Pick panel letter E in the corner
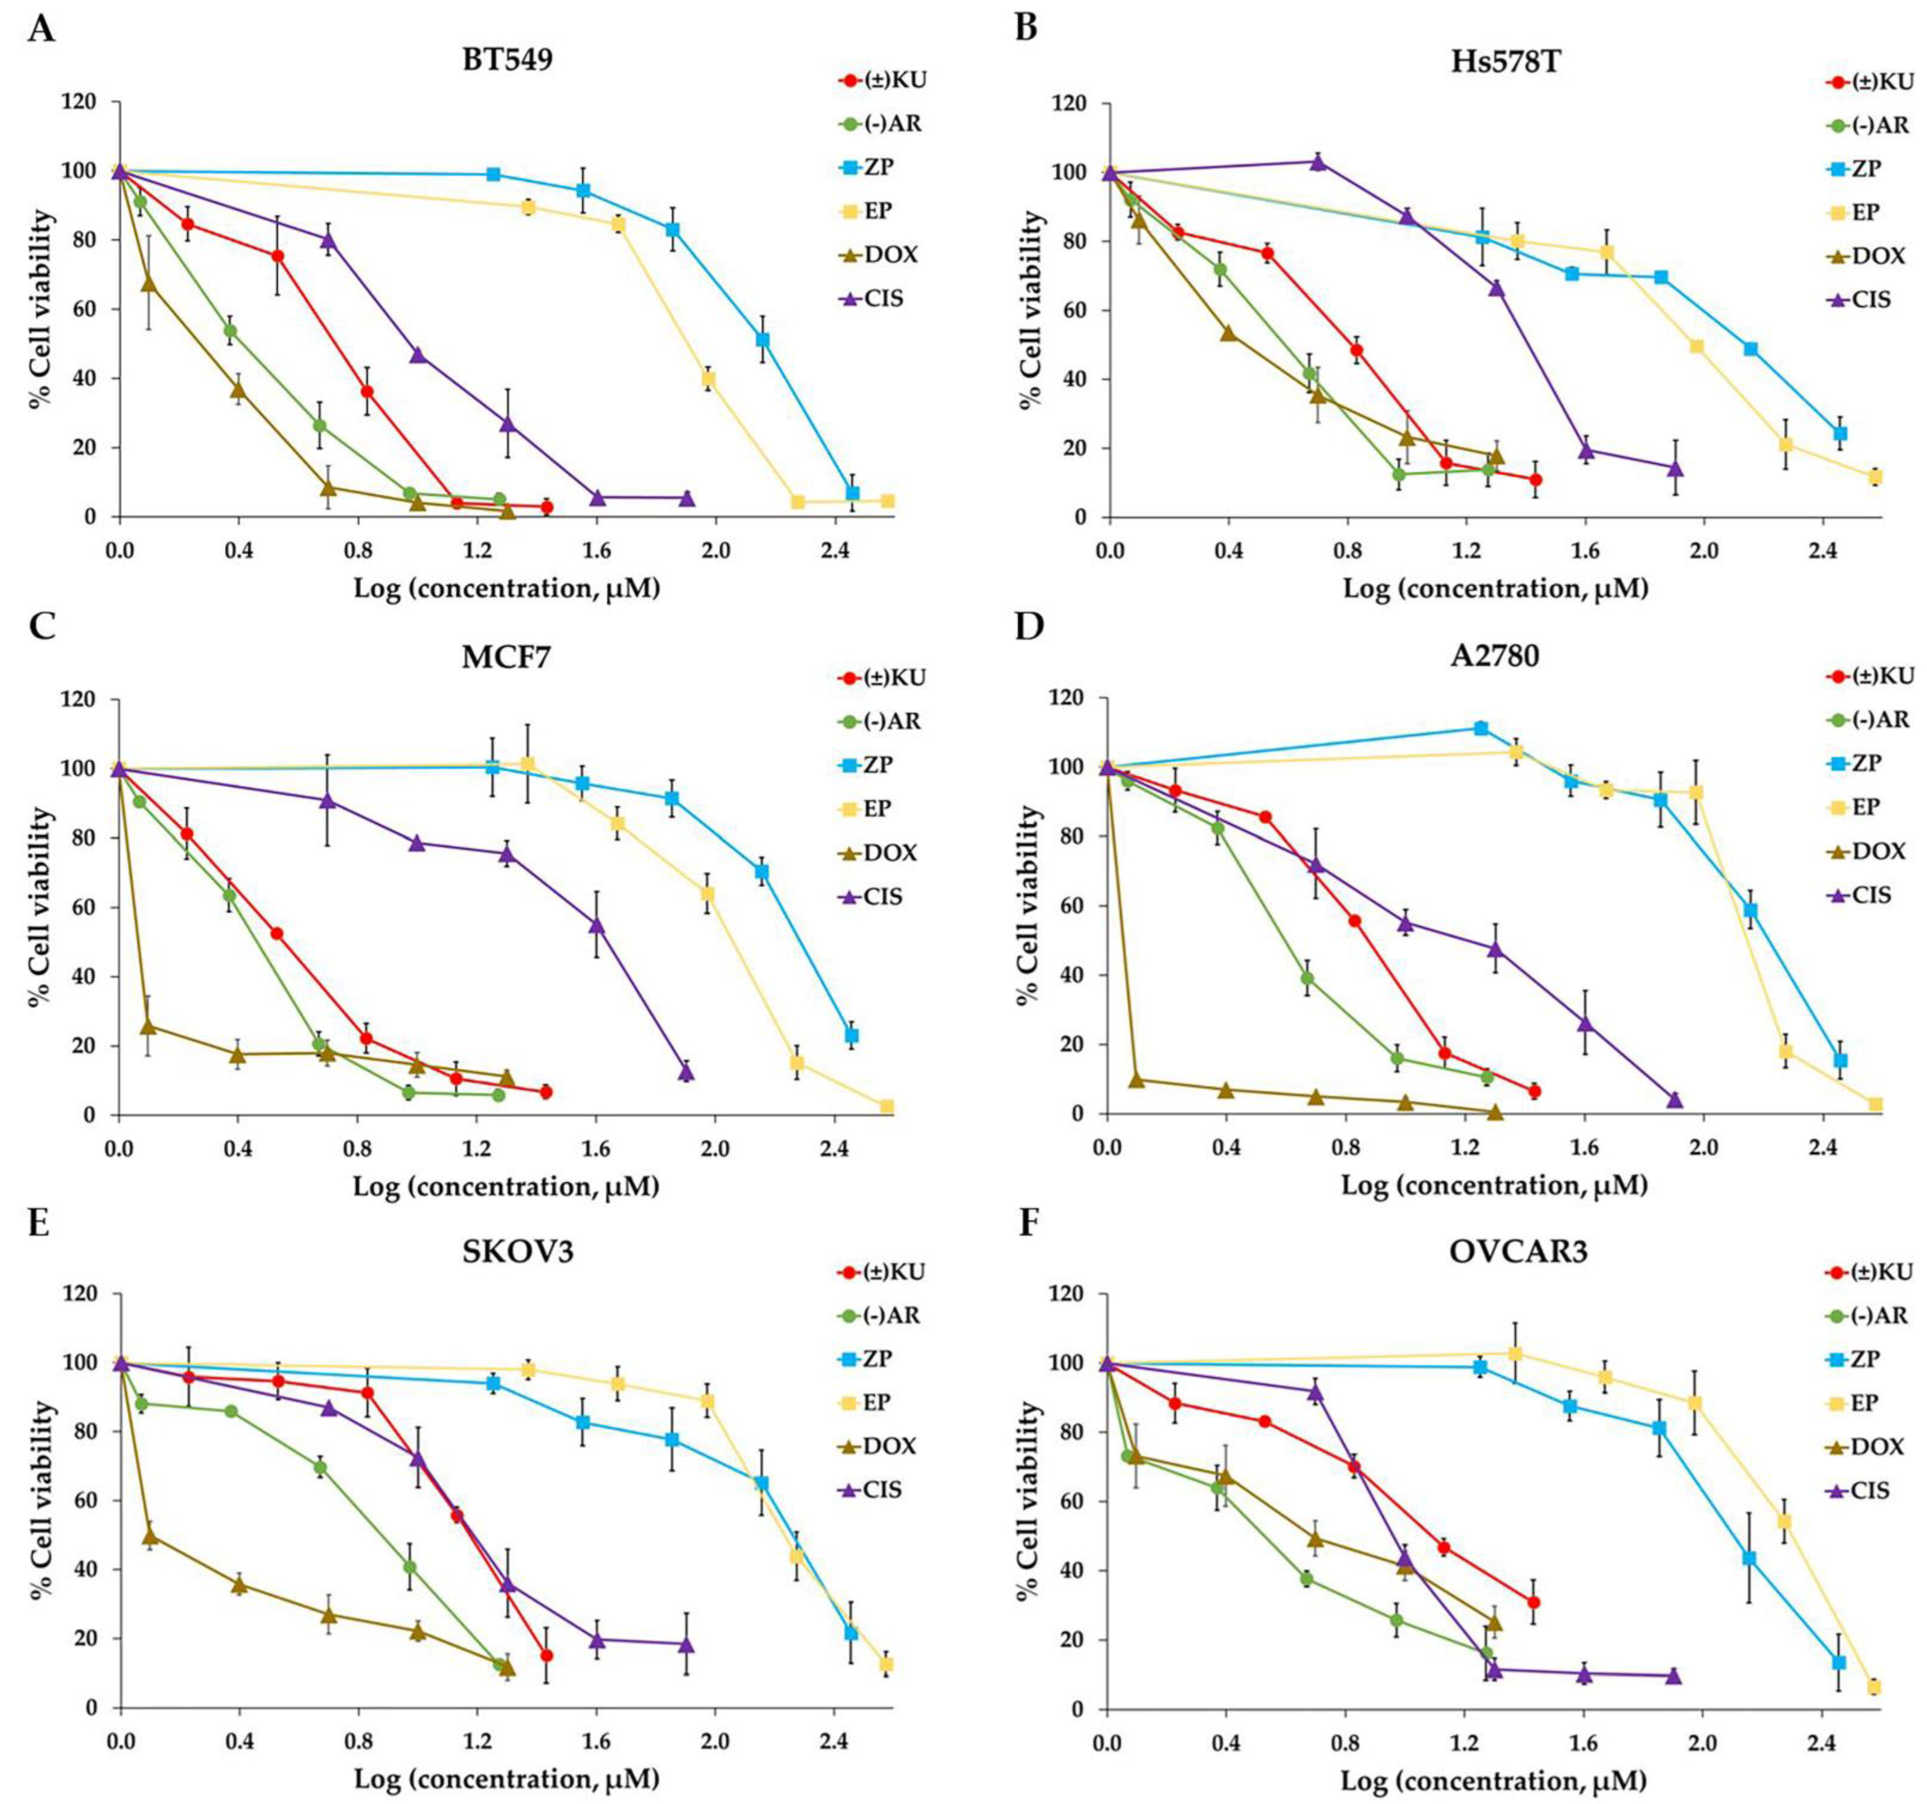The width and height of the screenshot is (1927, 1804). (40, 1225)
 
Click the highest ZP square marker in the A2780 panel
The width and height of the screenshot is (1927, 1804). (1480, 728)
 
